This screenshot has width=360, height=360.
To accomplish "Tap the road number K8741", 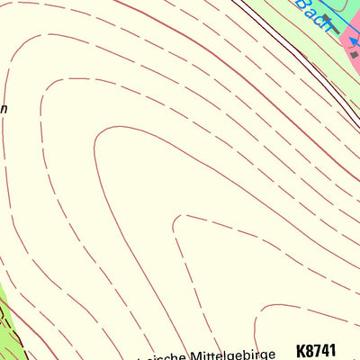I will point(315,351).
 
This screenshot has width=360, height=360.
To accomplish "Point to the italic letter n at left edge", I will point(4,109).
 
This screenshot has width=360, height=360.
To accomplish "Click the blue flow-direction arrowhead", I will point(355,40).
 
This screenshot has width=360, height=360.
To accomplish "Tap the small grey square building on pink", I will point(354,55).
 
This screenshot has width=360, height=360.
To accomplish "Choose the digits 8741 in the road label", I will point(320,351).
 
